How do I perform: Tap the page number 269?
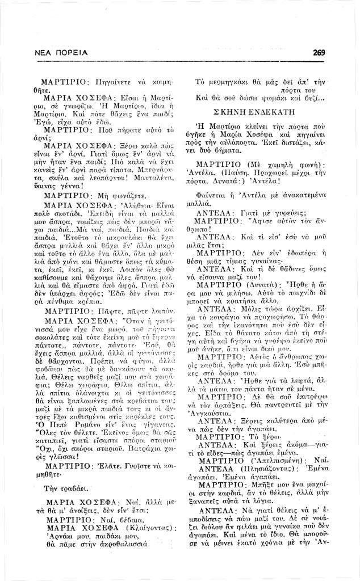(x=319, y=53)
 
